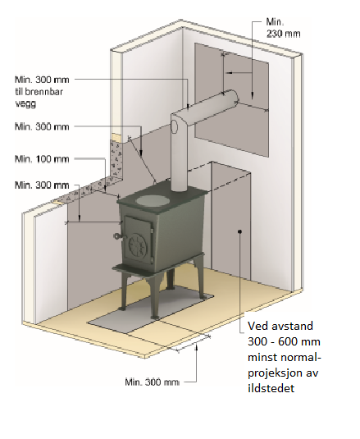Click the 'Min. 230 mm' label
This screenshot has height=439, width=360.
(283, 28)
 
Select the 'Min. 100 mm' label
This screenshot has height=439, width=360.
(42, 159)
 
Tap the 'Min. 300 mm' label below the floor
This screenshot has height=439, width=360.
(153, 382)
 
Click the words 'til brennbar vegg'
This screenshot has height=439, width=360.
(39, 98)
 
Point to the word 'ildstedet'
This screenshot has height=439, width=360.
(271, 388)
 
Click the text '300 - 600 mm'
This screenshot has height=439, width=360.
(284, 342)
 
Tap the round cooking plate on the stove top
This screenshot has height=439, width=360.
(153, 200)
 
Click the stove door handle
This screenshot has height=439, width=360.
(119, 236)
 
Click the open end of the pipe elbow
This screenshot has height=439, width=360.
(175, 127)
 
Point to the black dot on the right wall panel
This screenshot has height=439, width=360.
(239, 231)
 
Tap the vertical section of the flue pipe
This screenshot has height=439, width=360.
(179, 157)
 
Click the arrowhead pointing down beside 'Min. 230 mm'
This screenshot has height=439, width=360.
(253, 96)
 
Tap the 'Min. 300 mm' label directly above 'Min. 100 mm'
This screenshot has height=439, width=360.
(42, 126)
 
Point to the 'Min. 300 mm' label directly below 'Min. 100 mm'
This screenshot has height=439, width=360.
(42, 185)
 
